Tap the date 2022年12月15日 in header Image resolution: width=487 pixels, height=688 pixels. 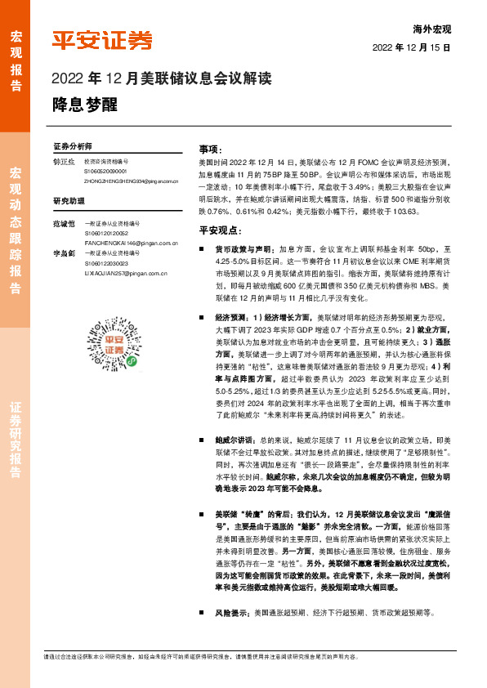point(412,48)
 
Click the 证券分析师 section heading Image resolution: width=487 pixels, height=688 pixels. point(73,145)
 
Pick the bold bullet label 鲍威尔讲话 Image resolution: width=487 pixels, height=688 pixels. point(236,439)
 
